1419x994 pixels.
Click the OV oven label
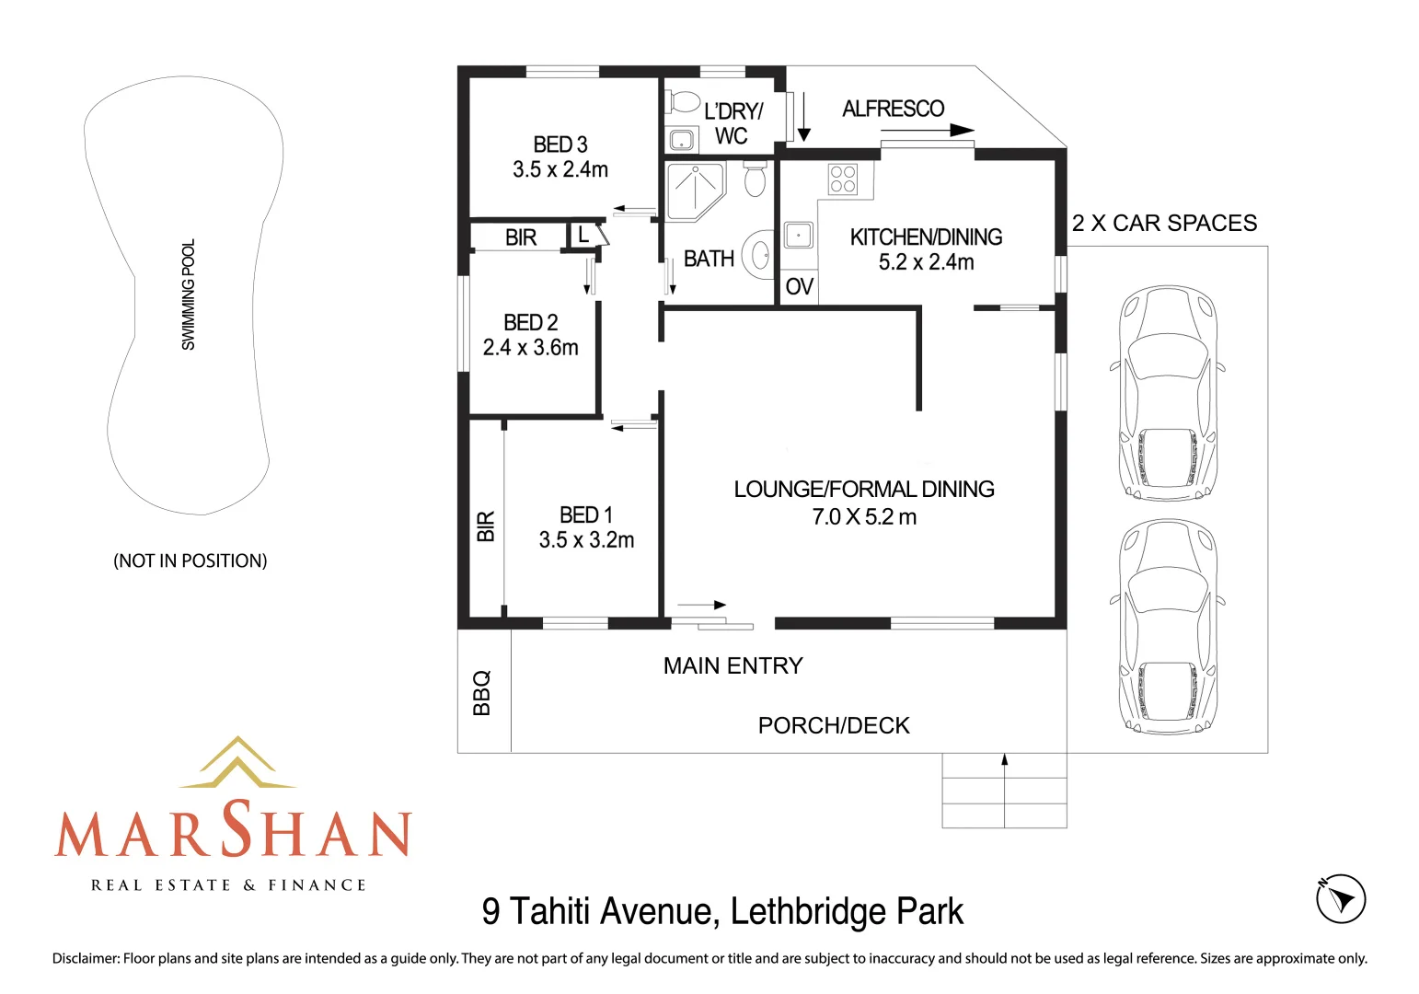pyautogui.click(x=799, y=287)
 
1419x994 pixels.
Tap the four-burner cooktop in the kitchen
pyautogui.click(x=842, y=179)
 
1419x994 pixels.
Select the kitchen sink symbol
pyautogui.click(x=798, y=235)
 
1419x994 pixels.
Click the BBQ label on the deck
pyautogui.click(x=482, y=693)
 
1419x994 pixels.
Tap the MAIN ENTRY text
pyautogui.click(x=733, y=665)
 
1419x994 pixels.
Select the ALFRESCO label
pyautogui.click(x=893, y=109)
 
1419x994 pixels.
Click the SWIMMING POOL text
pyautogui.click(x=189, y=295)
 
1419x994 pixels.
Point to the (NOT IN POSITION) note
pyautogui.click(x=190, y=561)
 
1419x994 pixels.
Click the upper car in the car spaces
pyautogui.click(x=1167, y=393)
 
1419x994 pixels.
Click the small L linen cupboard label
pyautogui.click(x=583, y=236)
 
